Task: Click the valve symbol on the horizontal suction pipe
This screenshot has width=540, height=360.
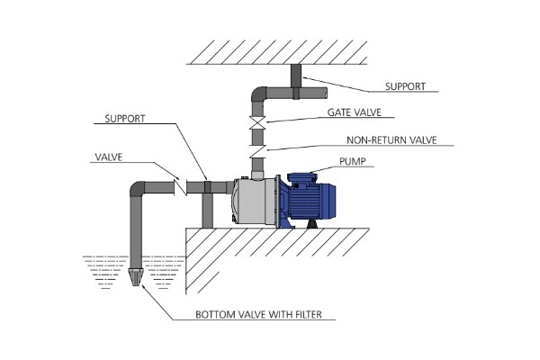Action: click(180, 188)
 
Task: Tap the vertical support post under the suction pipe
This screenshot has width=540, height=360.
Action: click(206, 211)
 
